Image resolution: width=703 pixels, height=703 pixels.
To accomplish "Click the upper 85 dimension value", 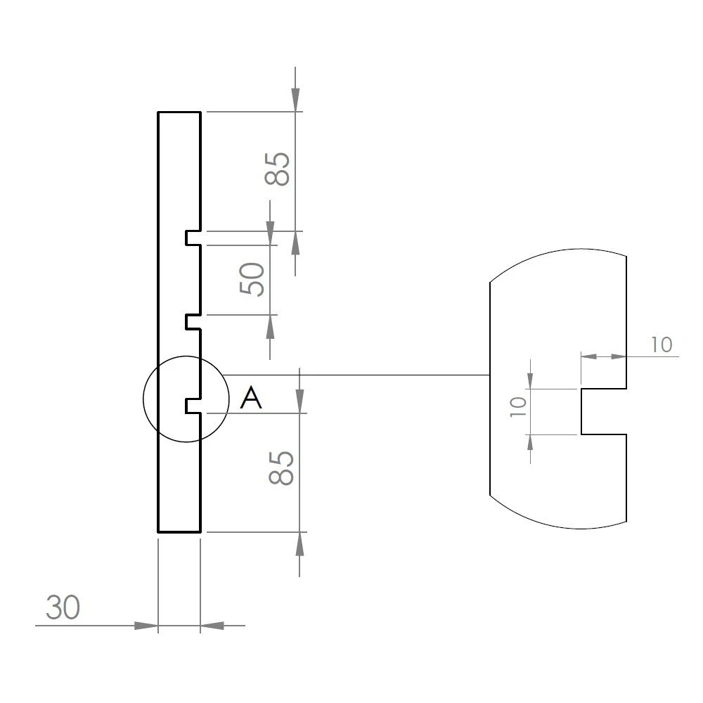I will click(278, 169).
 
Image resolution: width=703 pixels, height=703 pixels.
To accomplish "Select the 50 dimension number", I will click(252, 279).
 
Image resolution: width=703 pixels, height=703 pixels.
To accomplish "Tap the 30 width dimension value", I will click(63, 607).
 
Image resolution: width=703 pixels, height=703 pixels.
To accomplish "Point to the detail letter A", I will click(251, 399).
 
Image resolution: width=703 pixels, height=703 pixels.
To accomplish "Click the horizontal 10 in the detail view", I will click(661, 345).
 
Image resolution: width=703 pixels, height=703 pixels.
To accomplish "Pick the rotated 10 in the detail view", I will click(517, 408).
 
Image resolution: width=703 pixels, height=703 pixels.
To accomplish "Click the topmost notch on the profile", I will click(193, 238).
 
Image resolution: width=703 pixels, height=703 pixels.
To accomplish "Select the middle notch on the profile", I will click(193, 322).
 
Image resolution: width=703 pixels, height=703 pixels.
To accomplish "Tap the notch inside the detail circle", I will click(193, 406).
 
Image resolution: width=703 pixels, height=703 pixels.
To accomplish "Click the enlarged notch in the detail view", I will click(601, 411).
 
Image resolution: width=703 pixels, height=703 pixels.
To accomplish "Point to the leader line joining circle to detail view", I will click(351, 375).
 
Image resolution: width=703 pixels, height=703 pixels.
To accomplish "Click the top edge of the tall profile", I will click(179, 112).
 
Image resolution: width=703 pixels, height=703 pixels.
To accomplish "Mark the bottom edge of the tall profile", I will click(179, 531).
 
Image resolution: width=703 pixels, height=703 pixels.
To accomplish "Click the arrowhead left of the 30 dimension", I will click(146, 625).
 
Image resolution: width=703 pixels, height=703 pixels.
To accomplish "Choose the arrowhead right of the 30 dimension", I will click(212, 625).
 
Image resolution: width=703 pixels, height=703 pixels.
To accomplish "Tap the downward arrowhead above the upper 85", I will click(295, 99).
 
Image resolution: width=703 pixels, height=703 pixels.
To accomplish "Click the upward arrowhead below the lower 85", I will click(300, 544).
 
